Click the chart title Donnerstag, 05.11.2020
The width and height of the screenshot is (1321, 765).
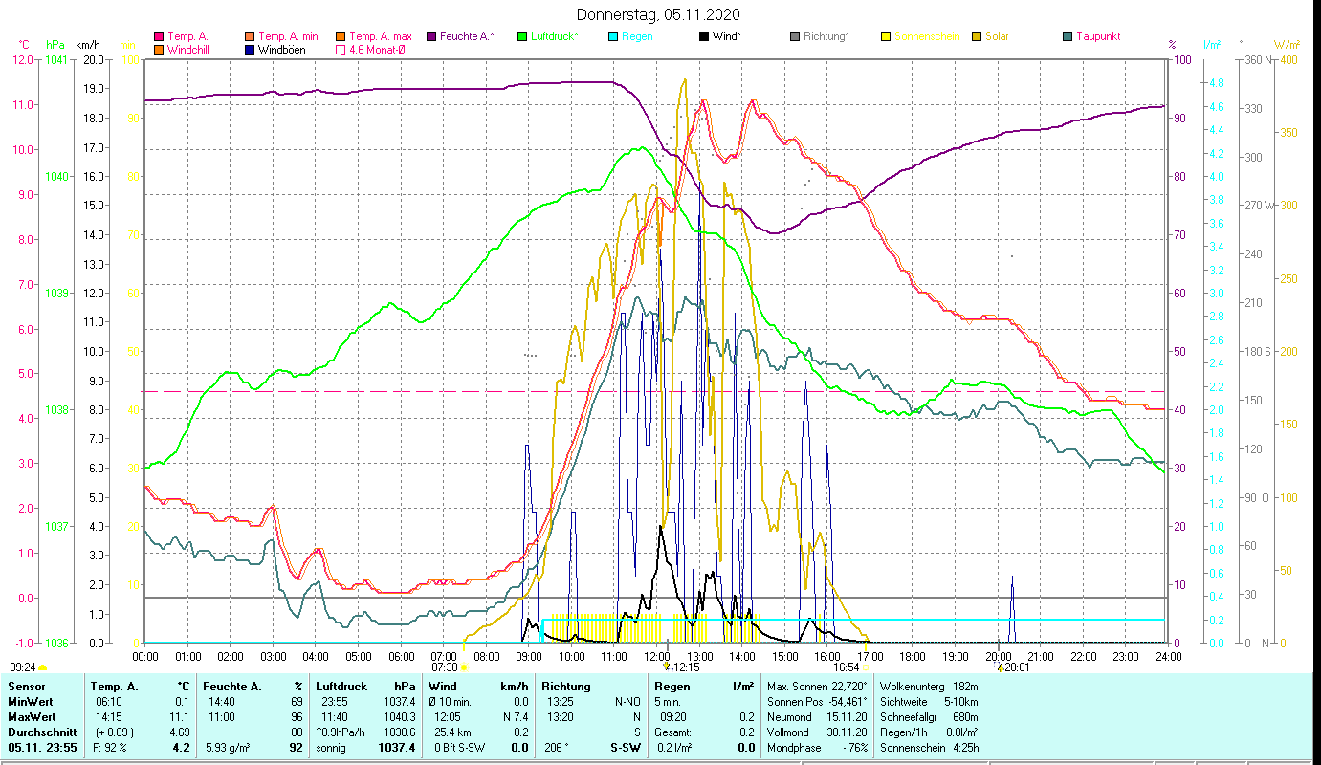(x=659, y=15)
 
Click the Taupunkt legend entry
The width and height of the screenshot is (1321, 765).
(x=1097, y=36)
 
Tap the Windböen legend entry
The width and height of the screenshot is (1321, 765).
(x=281, y=50)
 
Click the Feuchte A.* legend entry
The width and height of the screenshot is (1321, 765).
(x=467, y=36)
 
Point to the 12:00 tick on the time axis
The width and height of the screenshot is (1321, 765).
(x=657, y=657)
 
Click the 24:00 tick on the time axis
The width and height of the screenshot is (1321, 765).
(x=1168, y=657)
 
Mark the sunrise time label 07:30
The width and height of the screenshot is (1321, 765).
(x=445, y=667)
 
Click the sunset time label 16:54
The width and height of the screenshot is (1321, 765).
(x=846, y=667)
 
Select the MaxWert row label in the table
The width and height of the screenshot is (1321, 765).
(x=31, y=716)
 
